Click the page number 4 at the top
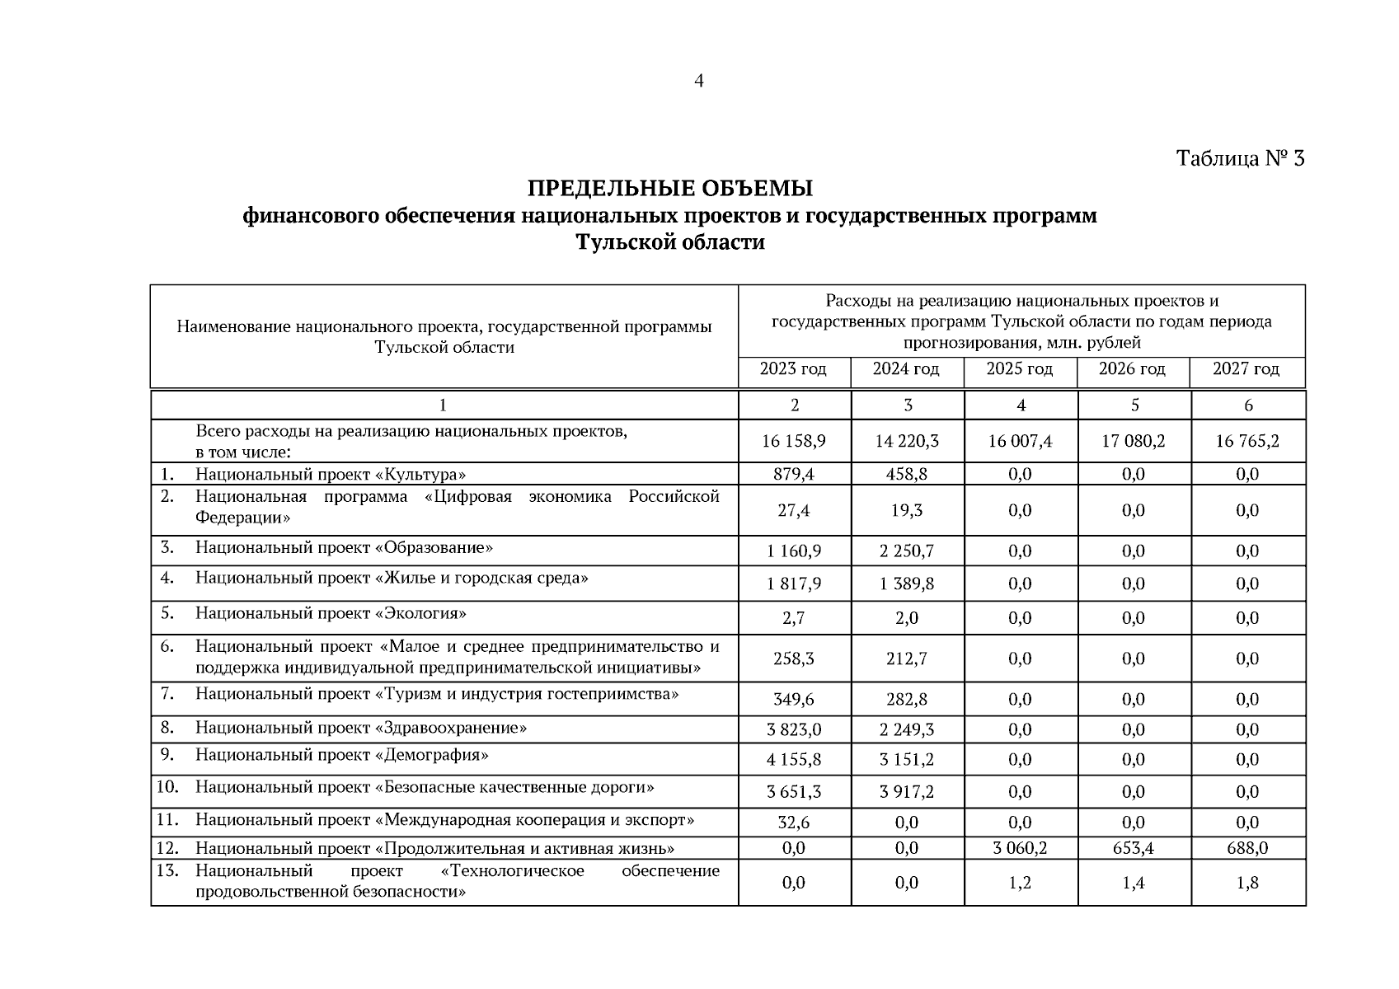tap(698, 81)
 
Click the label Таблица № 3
tap(1240, 158)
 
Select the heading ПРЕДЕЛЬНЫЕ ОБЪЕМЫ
tap(669, 189)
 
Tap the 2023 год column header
tap(793, 369)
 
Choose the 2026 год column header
tap(1132, 369)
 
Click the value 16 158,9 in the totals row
tap(793, 442)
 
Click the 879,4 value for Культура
tap(793, 475)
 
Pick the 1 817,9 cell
tap(793, 584)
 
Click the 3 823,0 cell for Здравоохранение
tap(793, 730)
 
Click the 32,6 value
tap(793, 823)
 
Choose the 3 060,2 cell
tap(1020, 848)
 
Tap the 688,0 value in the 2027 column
tap(1246, 848)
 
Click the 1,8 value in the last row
tap(1246, 884)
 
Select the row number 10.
tap(167, 787)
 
